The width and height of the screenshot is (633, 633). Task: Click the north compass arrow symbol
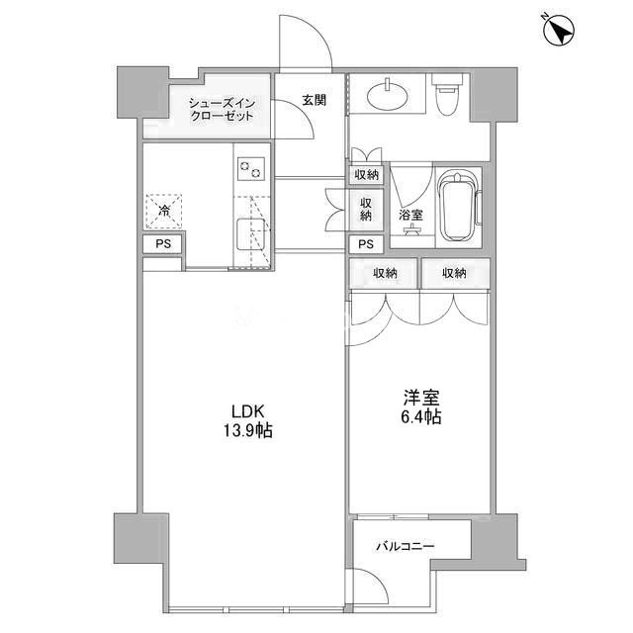[x=559, y=31]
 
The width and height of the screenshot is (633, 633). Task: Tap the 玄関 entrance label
[x=315, y=100]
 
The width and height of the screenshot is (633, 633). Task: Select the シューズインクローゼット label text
[x=222, y=110]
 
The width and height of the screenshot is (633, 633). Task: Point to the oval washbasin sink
[x=387, y=95]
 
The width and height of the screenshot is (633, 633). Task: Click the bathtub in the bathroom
[x=459, y=207]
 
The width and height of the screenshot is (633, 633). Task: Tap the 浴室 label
[x=410, y=215]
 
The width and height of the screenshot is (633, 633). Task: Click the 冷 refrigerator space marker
[x=164, y=211]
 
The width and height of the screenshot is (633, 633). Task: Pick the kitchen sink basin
[x=250, y=233]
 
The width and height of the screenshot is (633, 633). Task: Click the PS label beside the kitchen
[x=163, y=244]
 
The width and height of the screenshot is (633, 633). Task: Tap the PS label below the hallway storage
[x=366, y=244]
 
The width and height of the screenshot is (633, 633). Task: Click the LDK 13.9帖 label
[x=248, y=421]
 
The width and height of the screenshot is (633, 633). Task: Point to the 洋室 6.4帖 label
[x=420, y=407]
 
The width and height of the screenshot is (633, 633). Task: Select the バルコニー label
[x=406, y=547]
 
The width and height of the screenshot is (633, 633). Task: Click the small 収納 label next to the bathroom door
[x=367, y=175]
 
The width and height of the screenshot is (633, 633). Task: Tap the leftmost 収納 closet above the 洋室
[x=385, y=273]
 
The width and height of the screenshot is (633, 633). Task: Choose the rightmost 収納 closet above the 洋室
[x=455, y=273]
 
